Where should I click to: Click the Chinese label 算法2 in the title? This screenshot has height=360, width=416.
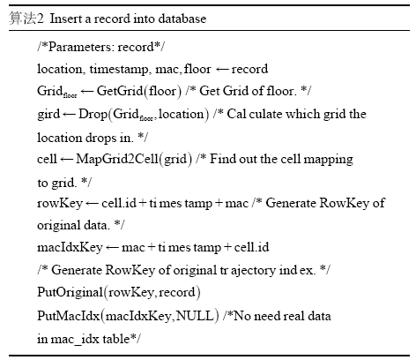point(26,19)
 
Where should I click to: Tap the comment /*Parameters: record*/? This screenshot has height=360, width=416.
point(100,47)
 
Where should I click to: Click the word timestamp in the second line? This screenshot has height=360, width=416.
point(119,70)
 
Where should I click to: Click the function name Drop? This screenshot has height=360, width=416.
point(93,115)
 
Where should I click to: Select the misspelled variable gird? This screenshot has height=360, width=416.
point(48,115)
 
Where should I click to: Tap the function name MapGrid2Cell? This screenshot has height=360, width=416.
point(117,159)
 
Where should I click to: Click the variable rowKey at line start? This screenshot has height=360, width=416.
point(60,204)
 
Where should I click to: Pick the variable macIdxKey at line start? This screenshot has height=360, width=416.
point(70,247)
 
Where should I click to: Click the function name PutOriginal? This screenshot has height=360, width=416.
point(70,292)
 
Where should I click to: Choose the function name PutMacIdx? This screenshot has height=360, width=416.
point(68,316)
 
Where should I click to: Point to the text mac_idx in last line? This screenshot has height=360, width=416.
point(75,339)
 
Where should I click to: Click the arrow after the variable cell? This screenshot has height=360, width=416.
point(66,160)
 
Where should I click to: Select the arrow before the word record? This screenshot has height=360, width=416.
point(222,70)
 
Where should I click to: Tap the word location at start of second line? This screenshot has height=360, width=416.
point(60,70)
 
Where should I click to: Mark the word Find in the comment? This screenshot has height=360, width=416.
point(223,159)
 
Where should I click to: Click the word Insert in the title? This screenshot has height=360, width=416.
point(66,19)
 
